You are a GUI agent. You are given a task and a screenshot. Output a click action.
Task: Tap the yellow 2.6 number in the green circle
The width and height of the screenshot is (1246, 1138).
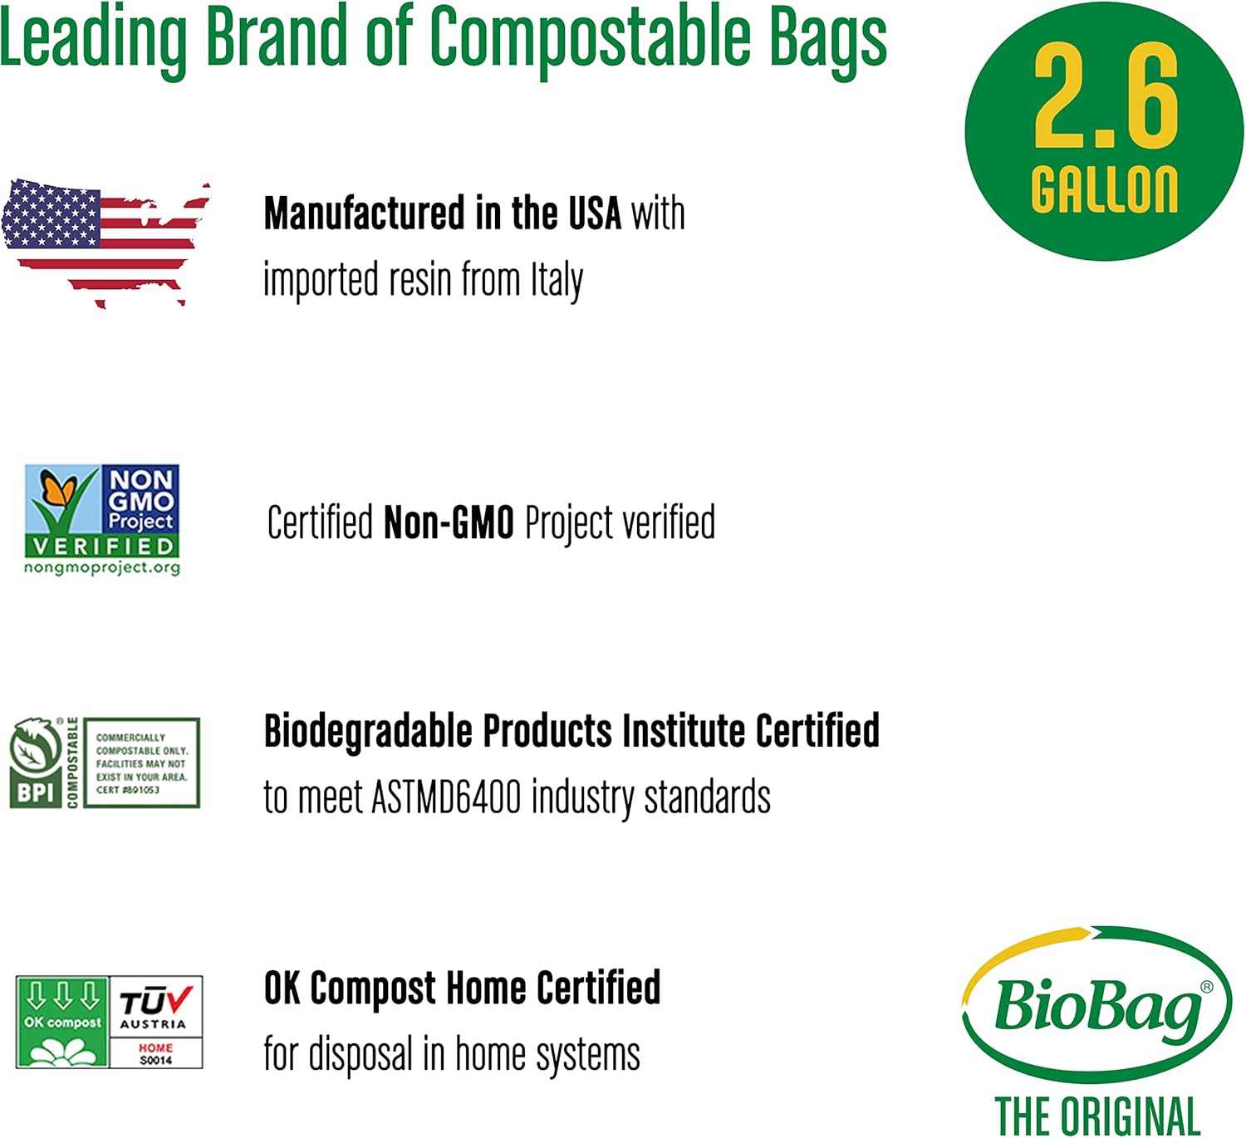click(1105, 96)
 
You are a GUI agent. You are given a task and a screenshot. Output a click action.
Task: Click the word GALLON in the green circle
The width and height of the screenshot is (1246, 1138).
click(1104, 189)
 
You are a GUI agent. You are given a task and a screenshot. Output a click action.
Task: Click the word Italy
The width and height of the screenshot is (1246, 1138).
click(557, 280)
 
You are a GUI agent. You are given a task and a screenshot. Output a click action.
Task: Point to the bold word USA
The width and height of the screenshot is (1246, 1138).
click(594, 213)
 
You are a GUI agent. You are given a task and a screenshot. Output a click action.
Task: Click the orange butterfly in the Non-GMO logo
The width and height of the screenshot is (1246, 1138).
click(58, 488)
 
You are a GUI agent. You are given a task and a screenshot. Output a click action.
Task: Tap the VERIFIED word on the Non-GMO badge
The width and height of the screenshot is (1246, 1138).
click(103, 546)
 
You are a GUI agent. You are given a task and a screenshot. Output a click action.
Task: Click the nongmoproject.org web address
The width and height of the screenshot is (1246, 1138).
click(102, 568)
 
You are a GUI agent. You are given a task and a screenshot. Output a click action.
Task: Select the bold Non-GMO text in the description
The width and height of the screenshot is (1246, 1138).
click(449, 523)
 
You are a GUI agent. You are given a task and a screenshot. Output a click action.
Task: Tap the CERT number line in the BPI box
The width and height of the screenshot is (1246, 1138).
click(128, 790)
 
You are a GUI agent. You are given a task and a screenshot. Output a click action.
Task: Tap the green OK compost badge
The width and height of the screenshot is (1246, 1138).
click(62, 1022)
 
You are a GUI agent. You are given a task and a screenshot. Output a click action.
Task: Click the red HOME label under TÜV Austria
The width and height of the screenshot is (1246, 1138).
click(156, 1048)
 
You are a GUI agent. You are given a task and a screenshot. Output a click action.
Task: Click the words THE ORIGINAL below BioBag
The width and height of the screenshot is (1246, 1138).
click(1097, 1115)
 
